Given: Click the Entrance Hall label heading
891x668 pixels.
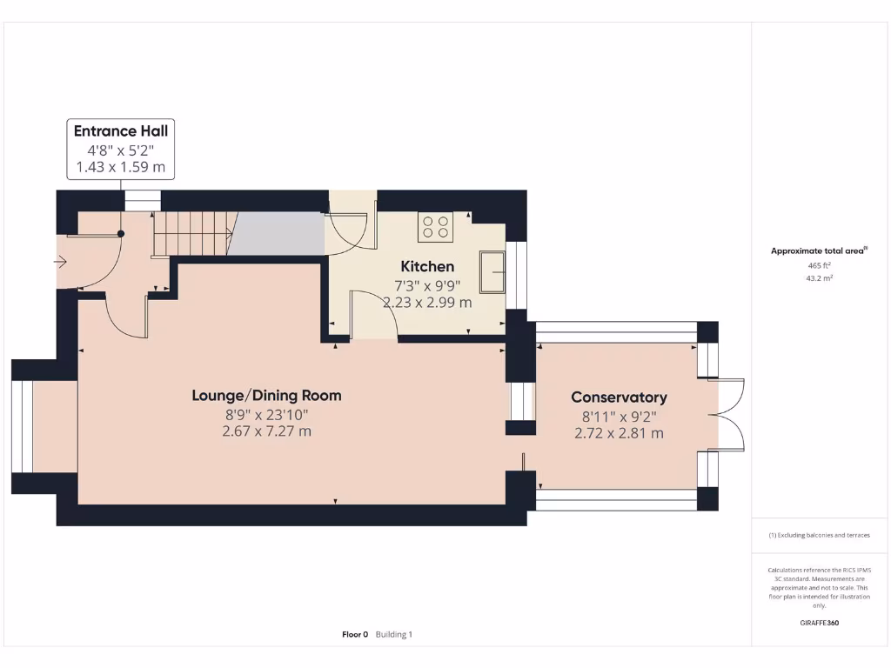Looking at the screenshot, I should point(121,131).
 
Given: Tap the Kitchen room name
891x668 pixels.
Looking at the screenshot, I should point(427,266).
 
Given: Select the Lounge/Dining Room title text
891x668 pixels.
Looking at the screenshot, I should point(266,396).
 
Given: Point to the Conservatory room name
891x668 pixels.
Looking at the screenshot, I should point(619,397).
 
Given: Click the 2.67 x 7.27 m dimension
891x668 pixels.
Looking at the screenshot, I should point(266,431).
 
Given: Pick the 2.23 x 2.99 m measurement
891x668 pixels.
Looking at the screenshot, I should point(427,303).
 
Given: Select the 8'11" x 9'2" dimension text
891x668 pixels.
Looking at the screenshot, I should point(619,416).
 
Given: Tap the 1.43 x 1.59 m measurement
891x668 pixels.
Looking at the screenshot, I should point(121,167).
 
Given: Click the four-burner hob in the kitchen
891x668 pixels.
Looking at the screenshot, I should point(436,227).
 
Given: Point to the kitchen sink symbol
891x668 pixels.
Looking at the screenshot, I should point(493,272).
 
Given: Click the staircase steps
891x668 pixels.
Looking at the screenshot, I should point(191,234).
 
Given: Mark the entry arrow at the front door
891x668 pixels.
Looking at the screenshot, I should point(61,261).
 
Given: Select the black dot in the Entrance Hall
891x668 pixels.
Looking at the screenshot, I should point(121,233).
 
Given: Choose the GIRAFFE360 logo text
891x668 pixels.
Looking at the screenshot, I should point(819,623).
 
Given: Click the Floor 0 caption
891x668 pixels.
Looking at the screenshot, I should point(355,635).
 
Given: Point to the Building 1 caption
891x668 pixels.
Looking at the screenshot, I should point(394,635).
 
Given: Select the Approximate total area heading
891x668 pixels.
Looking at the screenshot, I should point(818,251).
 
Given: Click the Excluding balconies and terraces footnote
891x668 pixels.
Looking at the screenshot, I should point(819,535).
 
